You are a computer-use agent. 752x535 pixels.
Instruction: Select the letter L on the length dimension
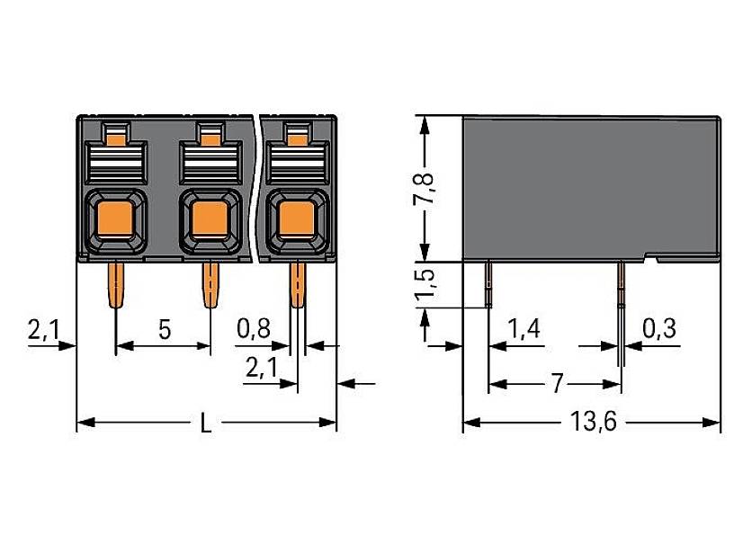(206, 424)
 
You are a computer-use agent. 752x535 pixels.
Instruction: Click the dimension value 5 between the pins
(165, 329)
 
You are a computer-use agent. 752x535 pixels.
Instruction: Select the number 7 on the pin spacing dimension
(556, 385)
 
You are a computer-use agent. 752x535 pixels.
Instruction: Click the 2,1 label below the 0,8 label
(260, 366)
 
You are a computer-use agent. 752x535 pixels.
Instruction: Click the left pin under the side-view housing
(488, 283)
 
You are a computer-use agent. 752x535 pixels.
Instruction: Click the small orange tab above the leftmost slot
(114, 136)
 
